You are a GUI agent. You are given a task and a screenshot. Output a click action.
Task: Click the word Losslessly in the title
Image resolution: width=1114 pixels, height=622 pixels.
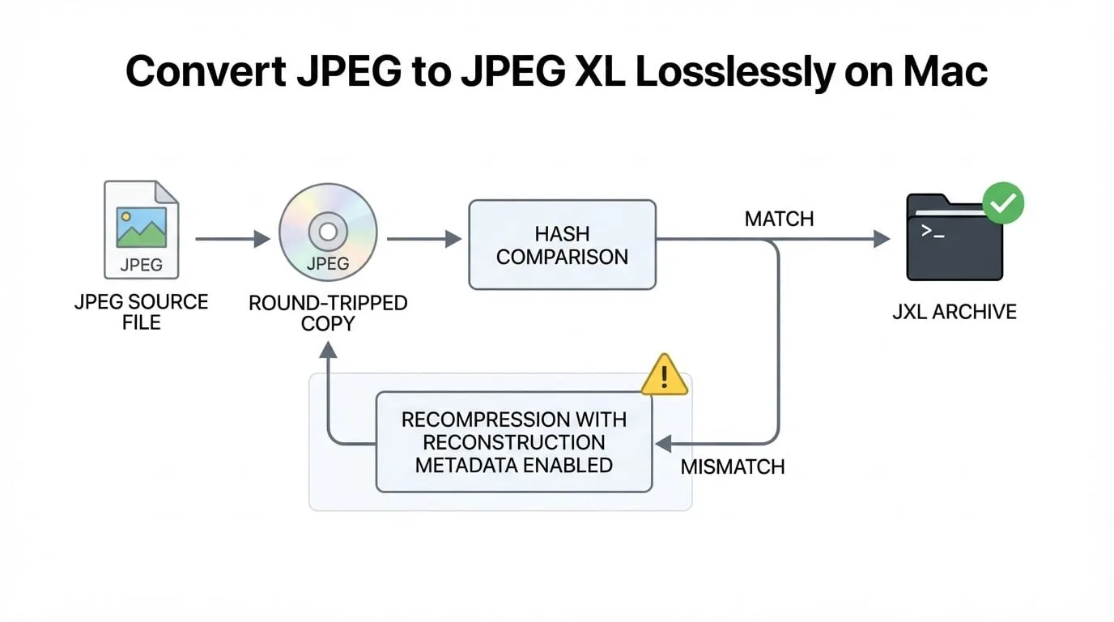coord(735,71)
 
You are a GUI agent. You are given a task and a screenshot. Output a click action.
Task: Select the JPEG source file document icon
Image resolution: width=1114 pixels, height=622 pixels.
coord(141,229)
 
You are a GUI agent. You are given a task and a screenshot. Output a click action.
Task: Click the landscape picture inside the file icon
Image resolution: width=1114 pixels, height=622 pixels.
coord(141,228)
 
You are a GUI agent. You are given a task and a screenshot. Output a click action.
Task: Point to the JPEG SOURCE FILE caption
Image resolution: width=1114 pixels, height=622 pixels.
coord(141,312)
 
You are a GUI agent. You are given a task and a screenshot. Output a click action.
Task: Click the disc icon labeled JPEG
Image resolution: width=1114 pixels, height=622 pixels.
coord(328,232)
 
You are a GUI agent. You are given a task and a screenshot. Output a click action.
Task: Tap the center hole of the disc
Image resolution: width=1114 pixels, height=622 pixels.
coord(328,232)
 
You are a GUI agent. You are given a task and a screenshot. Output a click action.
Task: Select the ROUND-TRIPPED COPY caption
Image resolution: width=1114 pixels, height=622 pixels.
coord(328,313)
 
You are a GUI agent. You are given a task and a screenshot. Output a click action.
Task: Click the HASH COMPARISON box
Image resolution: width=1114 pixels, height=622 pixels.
coord(563,245)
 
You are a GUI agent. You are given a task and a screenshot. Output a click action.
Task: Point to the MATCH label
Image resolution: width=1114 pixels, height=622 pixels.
coord(780,219)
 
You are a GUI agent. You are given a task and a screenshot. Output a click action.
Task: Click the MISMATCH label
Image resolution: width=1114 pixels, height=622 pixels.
coord(733,466)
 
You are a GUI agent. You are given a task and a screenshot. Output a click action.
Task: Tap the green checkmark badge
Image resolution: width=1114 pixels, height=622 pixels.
coord(1003,203)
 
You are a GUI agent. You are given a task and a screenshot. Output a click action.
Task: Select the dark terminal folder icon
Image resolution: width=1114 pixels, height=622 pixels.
coord(955,237)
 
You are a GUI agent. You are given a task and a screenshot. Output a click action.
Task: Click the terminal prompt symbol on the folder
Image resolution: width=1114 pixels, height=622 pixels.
coord(933,232)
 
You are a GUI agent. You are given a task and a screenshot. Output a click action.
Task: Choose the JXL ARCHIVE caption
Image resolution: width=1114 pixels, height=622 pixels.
coord(955,312)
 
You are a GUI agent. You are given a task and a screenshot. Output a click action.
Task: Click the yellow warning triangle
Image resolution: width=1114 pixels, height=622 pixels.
coord(665,375)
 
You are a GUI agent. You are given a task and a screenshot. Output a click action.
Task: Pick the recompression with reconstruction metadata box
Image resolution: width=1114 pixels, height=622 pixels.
coord(514,442)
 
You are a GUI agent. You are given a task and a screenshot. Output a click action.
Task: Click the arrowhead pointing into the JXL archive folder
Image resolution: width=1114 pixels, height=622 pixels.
coord(882,239)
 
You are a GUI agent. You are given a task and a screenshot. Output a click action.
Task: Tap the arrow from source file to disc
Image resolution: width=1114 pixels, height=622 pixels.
coord(232,239)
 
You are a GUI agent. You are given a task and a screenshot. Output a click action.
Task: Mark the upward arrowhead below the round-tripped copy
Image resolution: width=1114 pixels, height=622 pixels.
coord(328,350)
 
